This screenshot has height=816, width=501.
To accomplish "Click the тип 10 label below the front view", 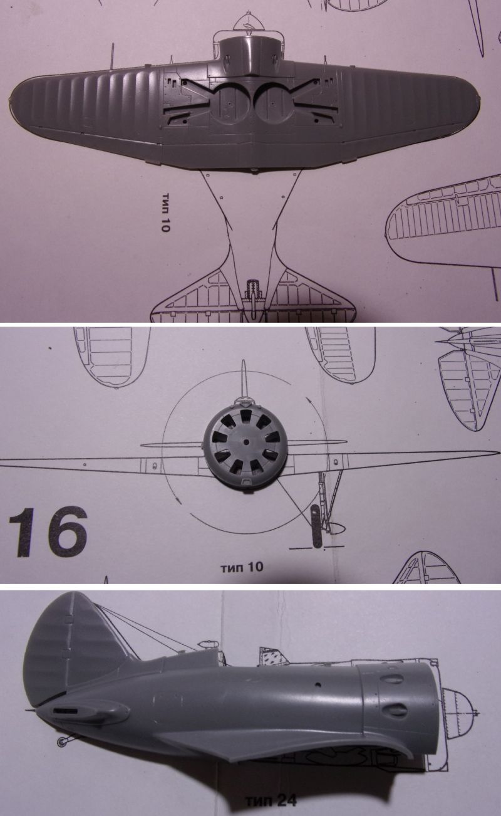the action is [241, 567].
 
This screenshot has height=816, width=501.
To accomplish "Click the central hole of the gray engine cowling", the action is [246, 442].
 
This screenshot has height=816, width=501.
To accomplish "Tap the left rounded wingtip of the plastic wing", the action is [18, 99].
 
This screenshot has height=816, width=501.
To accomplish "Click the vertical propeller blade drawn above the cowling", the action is [245, 379].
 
